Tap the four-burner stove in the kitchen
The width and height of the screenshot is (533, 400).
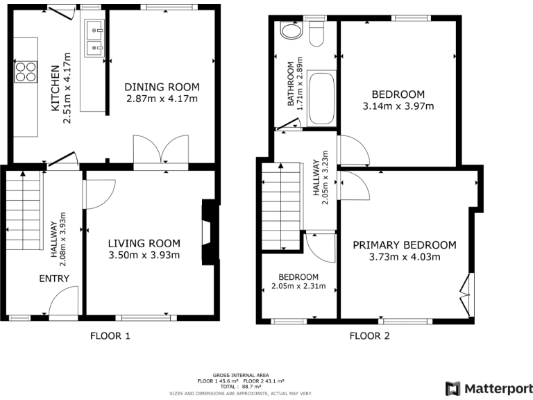coord(26,73)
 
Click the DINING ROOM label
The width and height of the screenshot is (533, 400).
coord(162,87)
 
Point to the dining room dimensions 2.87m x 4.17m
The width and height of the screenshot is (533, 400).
coord(162,99)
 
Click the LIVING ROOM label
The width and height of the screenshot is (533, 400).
coord(144,243)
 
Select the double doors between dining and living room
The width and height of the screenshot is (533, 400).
coord(161,150)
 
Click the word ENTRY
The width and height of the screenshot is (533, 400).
coord(59,278)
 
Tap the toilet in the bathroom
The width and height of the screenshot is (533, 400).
coord(317,33)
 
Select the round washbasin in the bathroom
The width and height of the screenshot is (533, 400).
coord(289,31)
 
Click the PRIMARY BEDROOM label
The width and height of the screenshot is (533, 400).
coord(405,244)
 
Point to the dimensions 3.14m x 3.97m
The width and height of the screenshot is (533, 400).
coord(398,106)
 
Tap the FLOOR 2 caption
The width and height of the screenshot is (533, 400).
coord(369,336)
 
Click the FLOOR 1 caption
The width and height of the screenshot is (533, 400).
coord(110,336)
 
